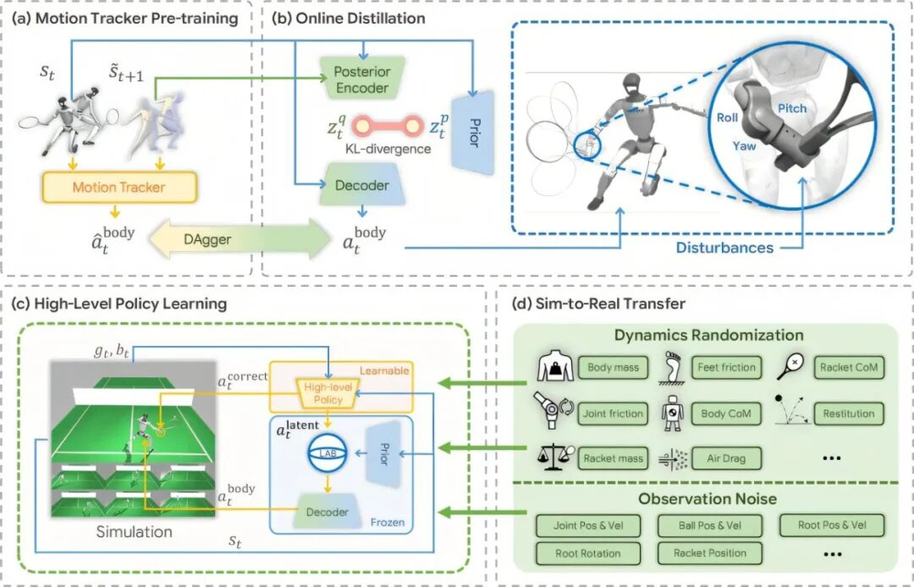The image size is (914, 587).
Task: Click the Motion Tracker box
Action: [120, 187]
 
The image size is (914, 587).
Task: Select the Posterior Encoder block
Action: [362, 79]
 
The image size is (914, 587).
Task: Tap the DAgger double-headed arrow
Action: [239, 239]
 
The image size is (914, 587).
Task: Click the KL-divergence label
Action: [388, 149]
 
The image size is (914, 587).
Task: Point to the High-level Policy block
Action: [328, 393]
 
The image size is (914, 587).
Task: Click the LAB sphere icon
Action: [328, 453]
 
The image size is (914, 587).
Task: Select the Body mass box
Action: [613, 368]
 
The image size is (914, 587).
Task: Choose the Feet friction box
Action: [727, 368]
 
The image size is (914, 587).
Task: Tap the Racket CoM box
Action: [849, 368]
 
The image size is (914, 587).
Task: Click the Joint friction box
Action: [613, 414]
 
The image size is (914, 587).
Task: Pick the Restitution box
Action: [849, 414]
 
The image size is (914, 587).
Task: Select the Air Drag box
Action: [727, 458]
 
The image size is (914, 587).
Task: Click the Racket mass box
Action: [613, 458]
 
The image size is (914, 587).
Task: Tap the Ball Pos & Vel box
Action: [710, 525]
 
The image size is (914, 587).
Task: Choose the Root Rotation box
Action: [588, 554]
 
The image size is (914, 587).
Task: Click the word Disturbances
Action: [725, 247]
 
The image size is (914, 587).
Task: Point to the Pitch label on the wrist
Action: [792, 109]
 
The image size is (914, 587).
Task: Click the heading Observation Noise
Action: [707, 499]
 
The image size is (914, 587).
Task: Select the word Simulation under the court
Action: [134, 531]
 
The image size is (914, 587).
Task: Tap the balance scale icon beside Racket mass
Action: [551, 457]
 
